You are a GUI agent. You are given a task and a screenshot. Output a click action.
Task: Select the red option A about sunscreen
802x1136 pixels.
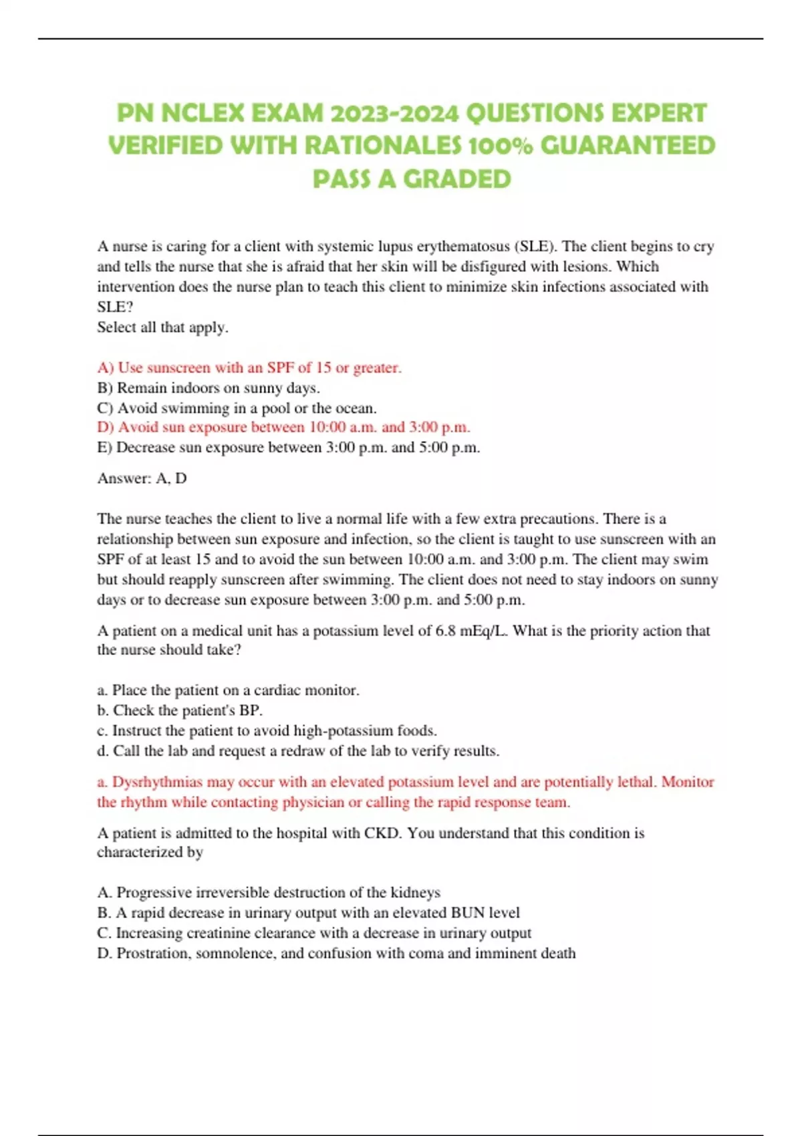tap(249, 368)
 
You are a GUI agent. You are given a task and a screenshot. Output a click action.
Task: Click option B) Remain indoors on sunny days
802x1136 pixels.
tap(209, 388)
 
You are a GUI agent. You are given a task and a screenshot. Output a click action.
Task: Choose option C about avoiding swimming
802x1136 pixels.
tap(237, 408)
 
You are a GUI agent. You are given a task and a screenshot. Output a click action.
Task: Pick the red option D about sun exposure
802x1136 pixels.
tap(283, 427)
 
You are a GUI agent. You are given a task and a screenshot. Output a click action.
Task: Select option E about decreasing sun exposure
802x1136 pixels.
tap(288, 447)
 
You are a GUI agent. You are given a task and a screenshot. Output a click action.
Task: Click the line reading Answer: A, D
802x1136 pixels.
tap(142, 478)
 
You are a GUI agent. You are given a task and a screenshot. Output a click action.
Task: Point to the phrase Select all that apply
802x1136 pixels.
tap(162, 327)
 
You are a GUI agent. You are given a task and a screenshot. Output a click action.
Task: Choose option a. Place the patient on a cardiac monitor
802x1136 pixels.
tap(228, 690)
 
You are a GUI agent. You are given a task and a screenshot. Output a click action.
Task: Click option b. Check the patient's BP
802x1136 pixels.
tap(180, 710)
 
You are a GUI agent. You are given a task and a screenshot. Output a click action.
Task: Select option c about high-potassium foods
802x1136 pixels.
tap(267, 730)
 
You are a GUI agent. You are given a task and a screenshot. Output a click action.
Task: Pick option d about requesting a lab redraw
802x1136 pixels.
tap(298, 751)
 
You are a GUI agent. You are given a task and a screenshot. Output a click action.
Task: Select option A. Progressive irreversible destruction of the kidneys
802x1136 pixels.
tap(269, 893)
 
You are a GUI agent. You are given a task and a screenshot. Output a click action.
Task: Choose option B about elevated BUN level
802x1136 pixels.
tap(308, 913)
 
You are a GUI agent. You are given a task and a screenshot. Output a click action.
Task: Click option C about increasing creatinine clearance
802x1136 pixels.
tap(314, 933)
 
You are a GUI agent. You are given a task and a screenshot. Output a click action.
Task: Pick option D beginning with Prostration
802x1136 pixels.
tap(336, 954)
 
